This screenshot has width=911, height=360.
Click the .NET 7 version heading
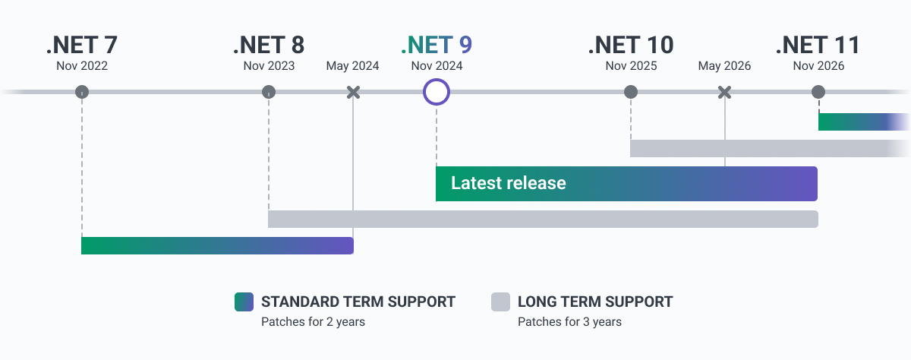point(82,45)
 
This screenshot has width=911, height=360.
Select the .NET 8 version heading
point(269,45)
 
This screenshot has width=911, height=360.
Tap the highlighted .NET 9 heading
point(437,45)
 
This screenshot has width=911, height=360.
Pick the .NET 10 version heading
point(631,45)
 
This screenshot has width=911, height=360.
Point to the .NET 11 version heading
point(818,45)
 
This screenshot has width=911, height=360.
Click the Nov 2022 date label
point(82,66)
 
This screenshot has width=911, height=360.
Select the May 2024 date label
point(353,66)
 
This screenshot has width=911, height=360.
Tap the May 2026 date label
point(724,66)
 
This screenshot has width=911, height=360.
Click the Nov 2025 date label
point(631,66)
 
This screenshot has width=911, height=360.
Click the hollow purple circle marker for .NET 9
point(437,93)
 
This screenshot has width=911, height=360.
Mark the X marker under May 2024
point(353,93)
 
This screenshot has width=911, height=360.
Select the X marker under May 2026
point(724,93)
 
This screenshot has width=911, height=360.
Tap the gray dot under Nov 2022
point(82,93)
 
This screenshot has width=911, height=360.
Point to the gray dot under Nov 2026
point(818,93)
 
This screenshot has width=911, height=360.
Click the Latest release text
point(508,184)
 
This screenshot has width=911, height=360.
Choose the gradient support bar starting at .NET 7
point(217,245)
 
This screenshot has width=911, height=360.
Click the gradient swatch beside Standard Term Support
point(244,302)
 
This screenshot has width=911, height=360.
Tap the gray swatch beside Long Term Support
point(500,302)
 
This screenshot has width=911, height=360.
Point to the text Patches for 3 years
point(569,322)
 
